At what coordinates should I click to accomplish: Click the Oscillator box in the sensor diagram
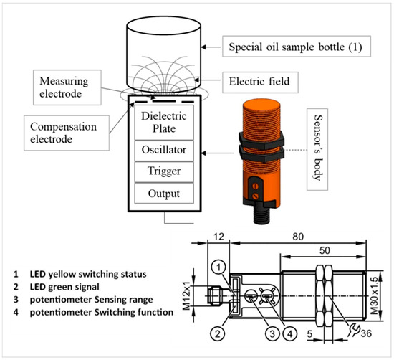164,151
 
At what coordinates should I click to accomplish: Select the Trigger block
164,172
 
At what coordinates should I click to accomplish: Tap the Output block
164,193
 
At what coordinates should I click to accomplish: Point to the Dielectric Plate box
164,122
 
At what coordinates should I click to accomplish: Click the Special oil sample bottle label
297,47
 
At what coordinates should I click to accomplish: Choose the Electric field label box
260,82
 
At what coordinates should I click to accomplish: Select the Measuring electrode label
67,87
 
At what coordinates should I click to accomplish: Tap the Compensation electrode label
67,133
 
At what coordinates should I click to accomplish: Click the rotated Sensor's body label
317,149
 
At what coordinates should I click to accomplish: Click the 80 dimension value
298,237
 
